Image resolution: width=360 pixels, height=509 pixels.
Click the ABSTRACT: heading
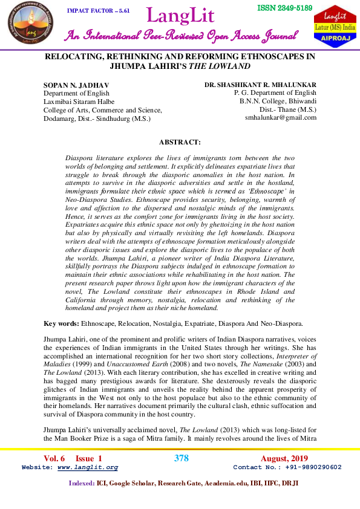pos(179,142)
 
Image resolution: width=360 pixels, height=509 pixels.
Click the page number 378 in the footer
pos(181,458)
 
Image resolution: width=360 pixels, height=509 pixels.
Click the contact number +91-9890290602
pos(312,467)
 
